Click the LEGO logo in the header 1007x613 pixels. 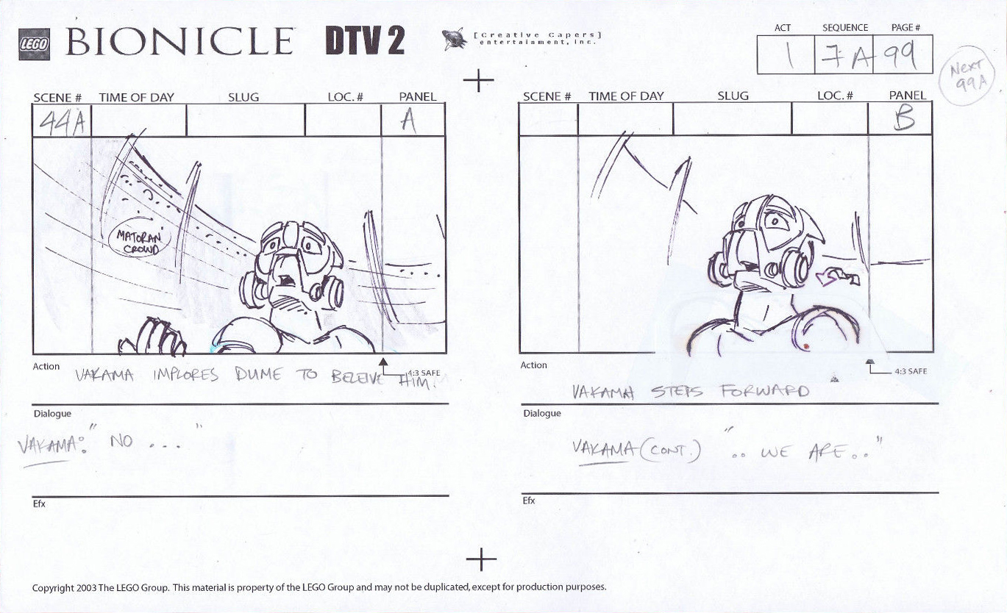34,44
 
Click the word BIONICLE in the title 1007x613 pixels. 180,42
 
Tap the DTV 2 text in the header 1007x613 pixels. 365,41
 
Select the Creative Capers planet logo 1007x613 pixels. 454,39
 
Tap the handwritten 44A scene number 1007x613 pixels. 60,123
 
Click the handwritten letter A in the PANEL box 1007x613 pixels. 408,121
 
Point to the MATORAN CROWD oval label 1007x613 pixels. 140,242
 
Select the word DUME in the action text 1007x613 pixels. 258,374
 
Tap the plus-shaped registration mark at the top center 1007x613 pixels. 478,80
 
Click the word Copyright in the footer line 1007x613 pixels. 52,587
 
